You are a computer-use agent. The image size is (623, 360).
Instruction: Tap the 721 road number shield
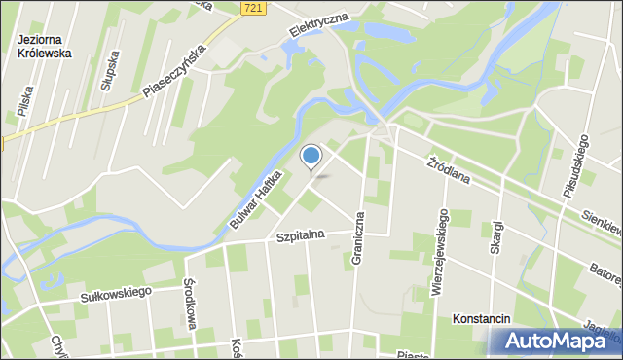tap(253, 8)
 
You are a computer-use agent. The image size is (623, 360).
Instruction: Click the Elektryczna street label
tap(317, 26)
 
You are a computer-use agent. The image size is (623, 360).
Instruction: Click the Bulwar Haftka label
tap(256, 199)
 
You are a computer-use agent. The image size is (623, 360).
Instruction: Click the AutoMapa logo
tap(556, 341)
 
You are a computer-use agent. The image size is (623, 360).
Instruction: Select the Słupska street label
tap(109, 72)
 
